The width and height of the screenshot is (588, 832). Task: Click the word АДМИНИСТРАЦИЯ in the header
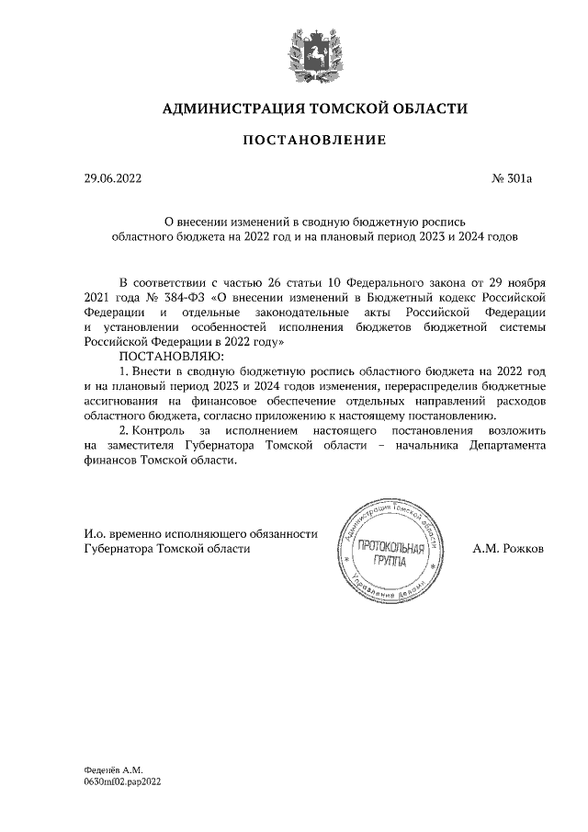pyautogui.click(x=232, y=108)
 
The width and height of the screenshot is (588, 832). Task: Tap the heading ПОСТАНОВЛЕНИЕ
pyautogui.click(x=313, y=141)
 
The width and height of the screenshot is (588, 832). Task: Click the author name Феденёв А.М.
pyautogui.click(x=107, y=768)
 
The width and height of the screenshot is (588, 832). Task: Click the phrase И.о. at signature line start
pyautogui.click(x=95, y=533)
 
